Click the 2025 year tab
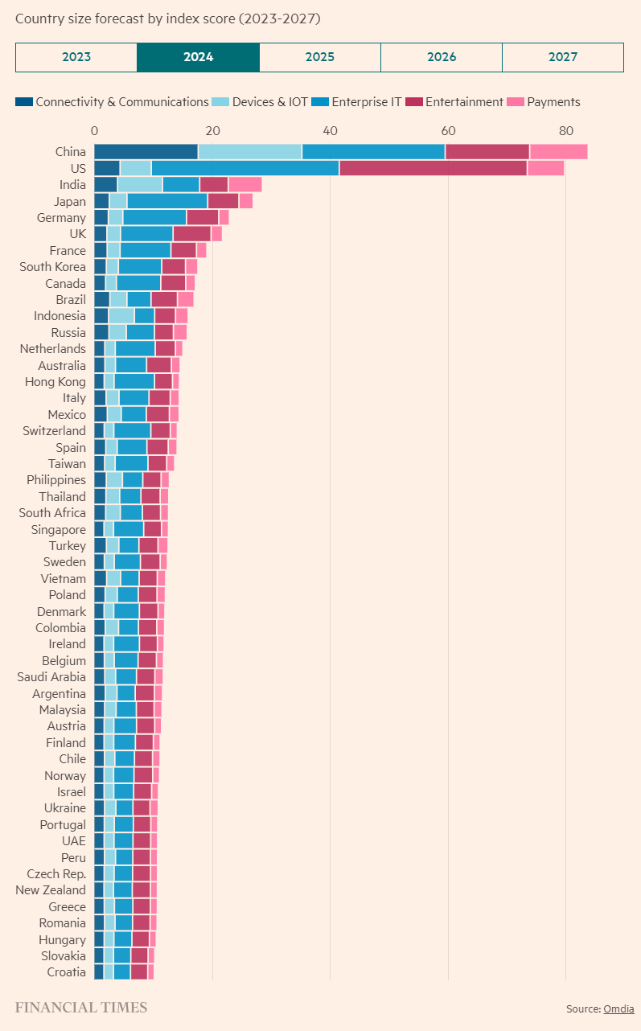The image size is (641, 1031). [320, 57]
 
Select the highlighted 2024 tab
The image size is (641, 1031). [198, 57]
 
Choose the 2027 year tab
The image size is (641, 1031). [563, 57]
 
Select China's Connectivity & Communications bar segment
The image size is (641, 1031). [146, 152]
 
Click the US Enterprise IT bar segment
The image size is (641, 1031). [244, 168]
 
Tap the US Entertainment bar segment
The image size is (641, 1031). [433, 168]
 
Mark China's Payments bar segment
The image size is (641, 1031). [558, 152]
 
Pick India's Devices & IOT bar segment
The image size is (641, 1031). [140, 185]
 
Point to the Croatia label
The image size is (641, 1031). [66, 972]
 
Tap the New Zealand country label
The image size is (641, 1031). [51, 890]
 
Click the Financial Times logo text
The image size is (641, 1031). [81, 1008]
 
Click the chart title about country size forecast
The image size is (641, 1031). [173, 18]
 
